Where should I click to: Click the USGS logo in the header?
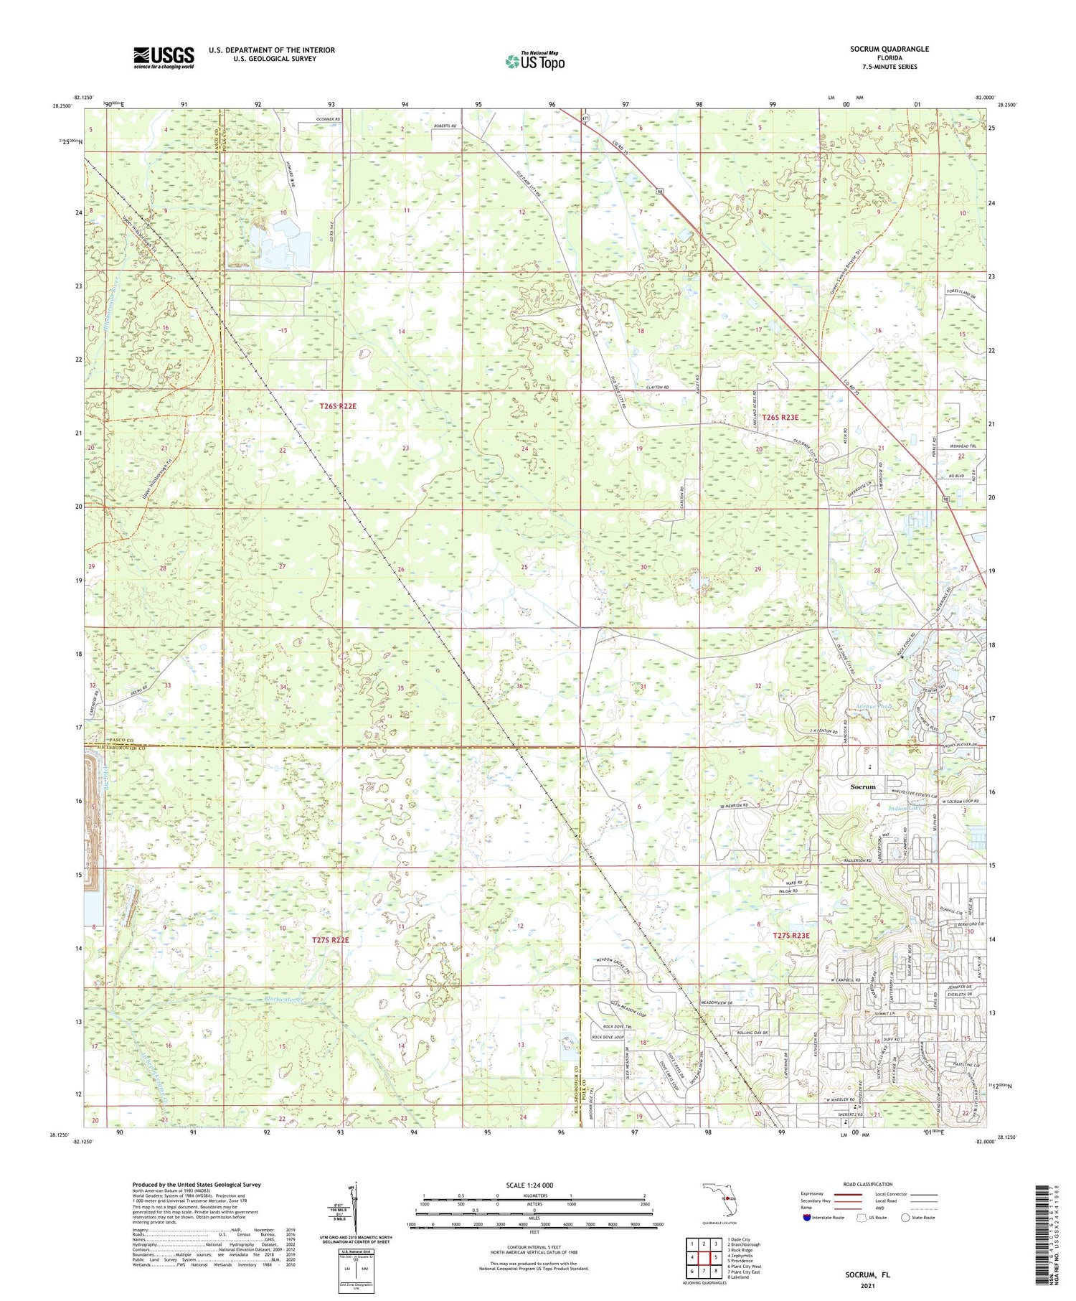coord(164,57)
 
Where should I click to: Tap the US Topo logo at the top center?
coord(534,62)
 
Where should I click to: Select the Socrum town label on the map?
coord(863,787)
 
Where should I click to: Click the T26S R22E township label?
coord(338,406)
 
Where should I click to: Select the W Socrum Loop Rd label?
coord(961,802)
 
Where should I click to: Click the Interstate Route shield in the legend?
coord(807,1218)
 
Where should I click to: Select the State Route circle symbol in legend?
coord(905,1218)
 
